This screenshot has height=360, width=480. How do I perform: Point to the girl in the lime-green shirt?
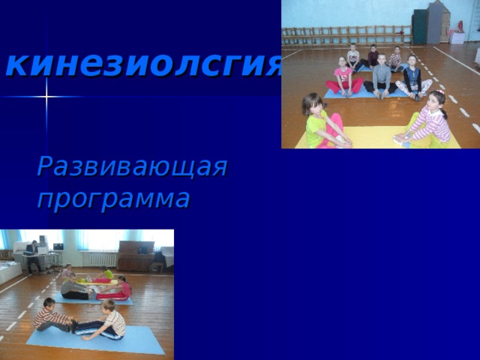click(319, 120)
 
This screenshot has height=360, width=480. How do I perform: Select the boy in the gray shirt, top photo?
click(382, 75)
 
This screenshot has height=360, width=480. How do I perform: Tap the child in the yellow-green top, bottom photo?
click(107, 274)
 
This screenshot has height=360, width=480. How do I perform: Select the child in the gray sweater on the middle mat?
click(73, 287)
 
